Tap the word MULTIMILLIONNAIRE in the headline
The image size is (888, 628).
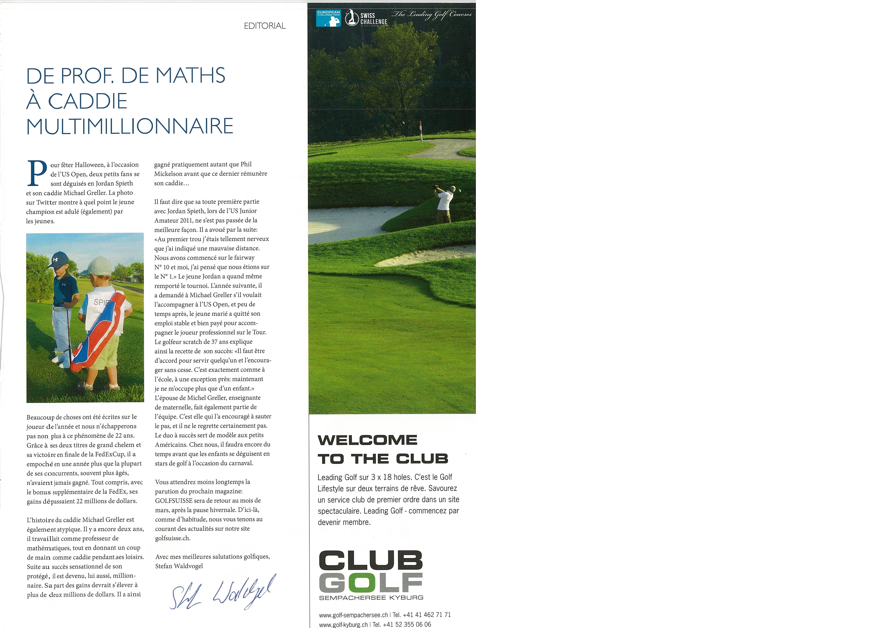click(130, 126)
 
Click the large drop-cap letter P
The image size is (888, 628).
click(37, 173)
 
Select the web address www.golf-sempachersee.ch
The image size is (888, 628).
click(353, 615)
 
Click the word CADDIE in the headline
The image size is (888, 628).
click(88, 101)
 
